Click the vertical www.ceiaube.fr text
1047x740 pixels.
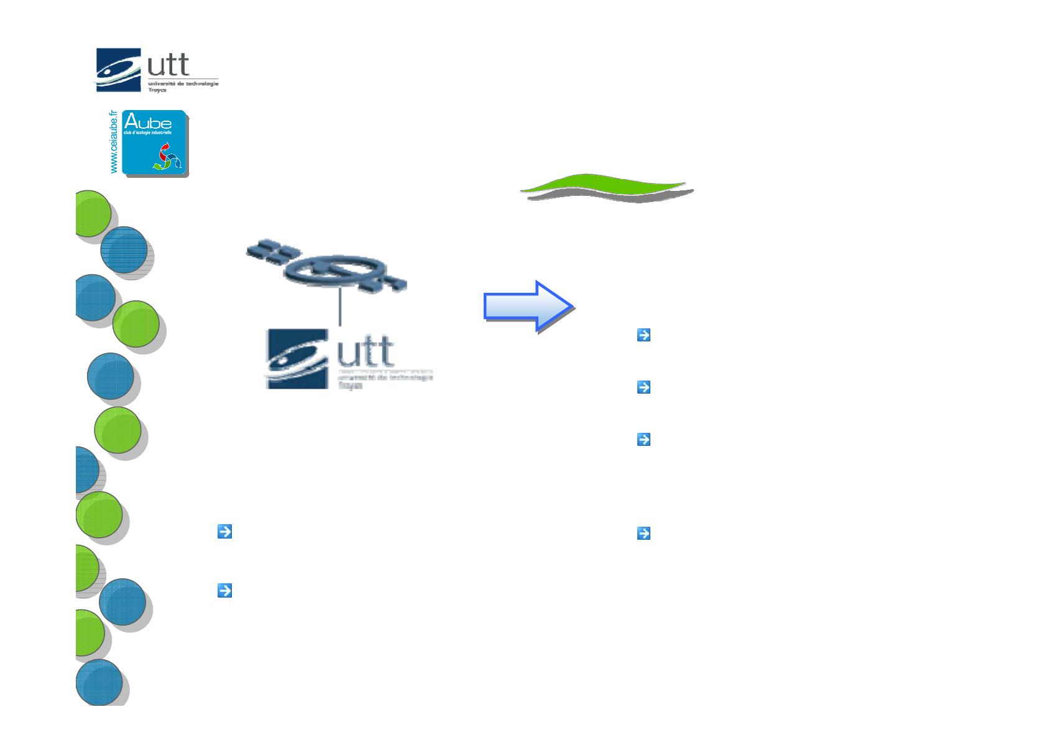click(x=113, y=143)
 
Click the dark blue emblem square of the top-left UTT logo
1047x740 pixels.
click(x=118, y=70)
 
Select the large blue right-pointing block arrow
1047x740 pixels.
click(x=527, y=306)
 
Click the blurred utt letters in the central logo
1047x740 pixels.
click(x=366, y=352)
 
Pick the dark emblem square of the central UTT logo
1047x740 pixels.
click(x=297, y=359)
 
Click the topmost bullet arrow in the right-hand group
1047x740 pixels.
click(x=643, y=335)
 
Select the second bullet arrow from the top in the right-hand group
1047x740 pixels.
click(x=643, y=387)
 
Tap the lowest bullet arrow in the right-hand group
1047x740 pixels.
click(x=643, y=533)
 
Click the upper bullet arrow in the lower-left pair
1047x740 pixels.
click(x=224, y=532)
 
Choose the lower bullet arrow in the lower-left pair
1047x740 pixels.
click(x=224, y=590)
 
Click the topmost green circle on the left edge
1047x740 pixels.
click(x=91, y=213)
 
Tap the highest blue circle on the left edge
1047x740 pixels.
click(x=124, y=249)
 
